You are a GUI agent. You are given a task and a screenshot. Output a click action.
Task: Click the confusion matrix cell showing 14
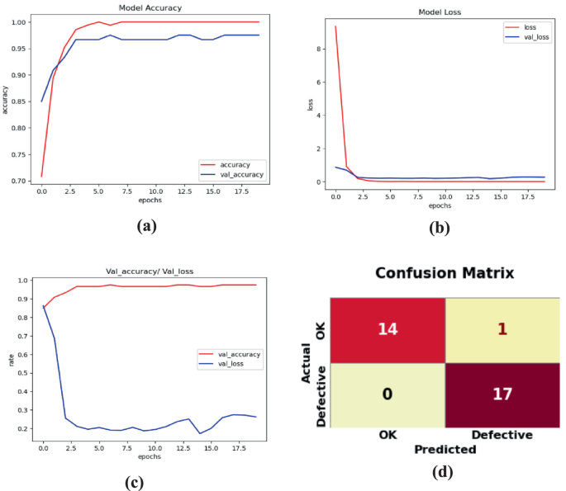click(387, 328)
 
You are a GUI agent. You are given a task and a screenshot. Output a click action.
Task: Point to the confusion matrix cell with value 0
click(387, 394)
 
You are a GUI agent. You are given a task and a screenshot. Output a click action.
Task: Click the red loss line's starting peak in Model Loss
click(335, 26)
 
